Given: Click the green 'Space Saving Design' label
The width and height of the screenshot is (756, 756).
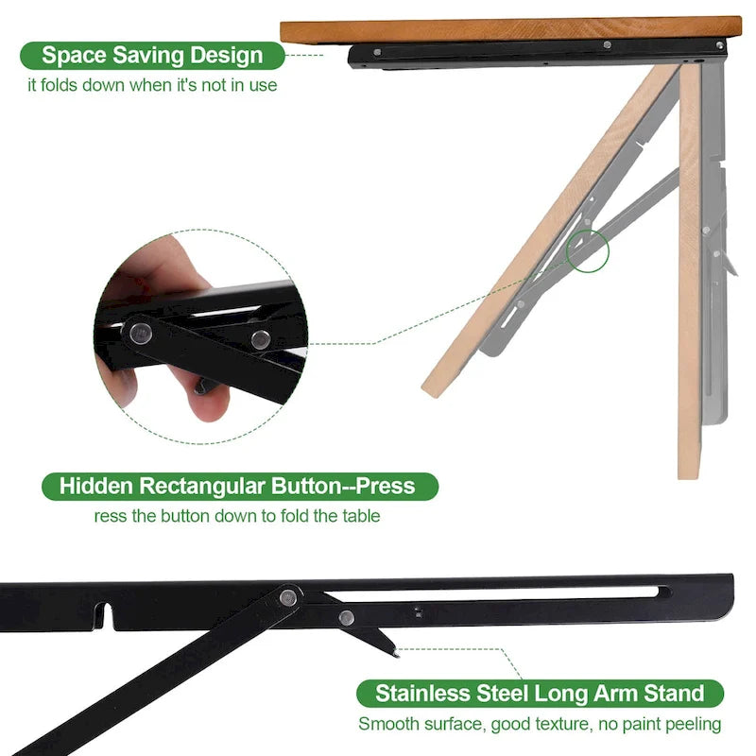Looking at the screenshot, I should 151,56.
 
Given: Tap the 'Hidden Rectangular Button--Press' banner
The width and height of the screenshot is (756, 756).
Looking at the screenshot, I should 237,487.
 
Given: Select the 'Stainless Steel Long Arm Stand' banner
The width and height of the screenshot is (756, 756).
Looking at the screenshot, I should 540,693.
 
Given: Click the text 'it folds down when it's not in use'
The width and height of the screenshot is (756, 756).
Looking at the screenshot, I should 151,85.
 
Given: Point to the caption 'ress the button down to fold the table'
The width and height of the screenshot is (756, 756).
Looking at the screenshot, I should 237,516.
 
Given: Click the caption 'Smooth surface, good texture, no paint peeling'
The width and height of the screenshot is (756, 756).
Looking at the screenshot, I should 540,724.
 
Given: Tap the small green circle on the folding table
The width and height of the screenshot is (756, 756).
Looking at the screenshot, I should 588,251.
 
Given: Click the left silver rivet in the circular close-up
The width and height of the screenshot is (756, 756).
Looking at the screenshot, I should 141,332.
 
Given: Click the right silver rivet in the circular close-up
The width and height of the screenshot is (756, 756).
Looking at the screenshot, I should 260,338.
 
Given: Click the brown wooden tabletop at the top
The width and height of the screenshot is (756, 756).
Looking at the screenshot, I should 510,29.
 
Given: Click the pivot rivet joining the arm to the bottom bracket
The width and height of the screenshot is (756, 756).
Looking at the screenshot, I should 287,596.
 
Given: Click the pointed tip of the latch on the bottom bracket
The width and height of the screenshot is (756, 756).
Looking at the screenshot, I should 395,651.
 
